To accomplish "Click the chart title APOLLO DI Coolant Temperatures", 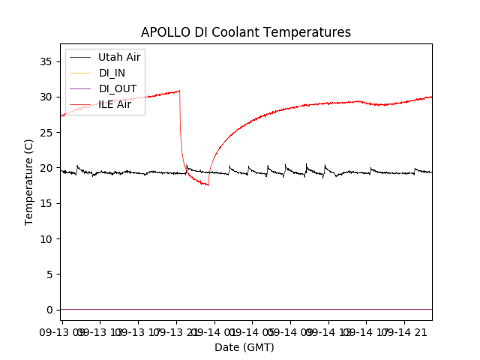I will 246,32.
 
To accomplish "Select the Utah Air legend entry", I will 119,56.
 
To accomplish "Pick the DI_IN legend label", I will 112,73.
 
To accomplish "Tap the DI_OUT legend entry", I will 118,88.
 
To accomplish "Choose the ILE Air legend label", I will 115,105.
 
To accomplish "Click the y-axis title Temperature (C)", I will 29,181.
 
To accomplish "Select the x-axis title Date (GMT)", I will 244,347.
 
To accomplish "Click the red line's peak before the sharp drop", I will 179,91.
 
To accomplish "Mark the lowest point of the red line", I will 208,184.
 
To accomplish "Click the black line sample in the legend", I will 80,57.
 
